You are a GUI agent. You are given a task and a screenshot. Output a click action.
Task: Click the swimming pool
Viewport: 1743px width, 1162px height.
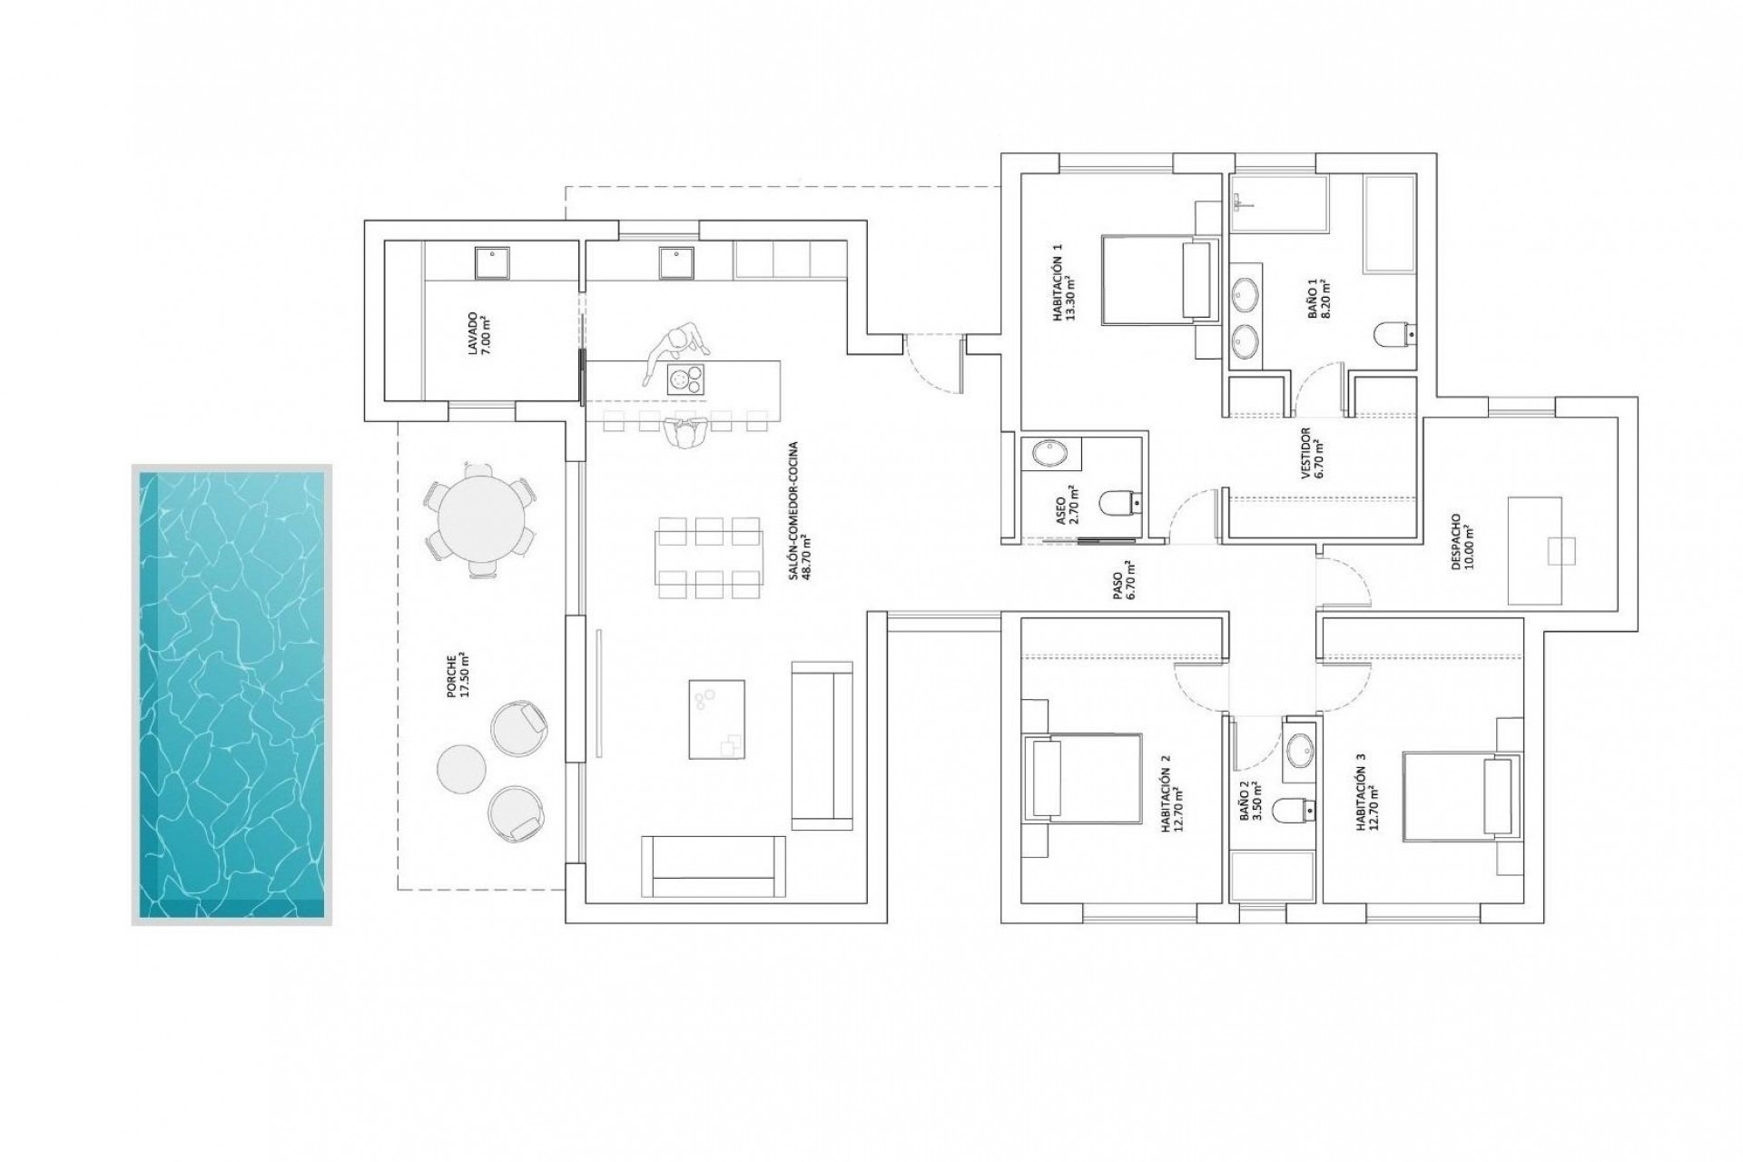(x=231, y=694)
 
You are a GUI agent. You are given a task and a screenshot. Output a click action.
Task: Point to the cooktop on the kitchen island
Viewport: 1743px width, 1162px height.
(x=685, y=379)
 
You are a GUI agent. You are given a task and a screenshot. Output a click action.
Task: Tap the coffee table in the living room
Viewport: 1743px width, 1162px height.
(x=716, y=719)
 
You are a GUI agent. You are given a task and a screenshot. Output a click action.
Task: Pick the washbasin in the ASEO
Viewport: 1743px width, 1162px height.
(x=1051, y=453)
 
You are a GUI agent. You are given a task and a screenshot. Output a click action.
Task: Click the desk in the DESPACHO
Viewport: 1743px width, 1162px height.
(x=1534, y=550)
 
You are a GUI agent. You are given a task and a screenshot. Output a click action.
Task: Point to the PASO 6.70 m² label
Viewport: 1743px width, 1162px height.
(x=1123, y=581)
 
